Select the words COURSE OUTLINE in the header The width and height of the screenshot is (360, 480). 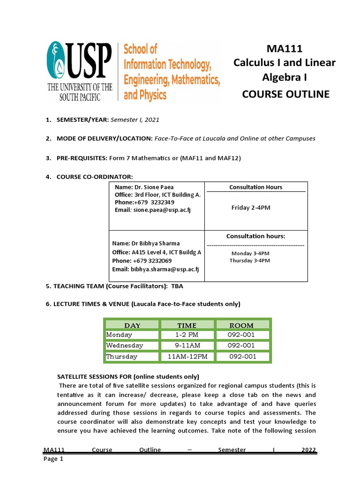coord(285,94)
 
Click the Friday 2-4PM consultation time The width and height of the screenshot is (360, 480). coord(251,208)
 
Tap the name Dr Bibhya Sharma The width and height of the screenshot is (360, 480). coord(146,243)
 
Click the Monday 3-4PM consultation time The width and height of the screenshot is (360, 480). coord(250,253)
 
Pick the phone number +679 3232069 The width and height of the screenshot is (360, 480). coord(152,261)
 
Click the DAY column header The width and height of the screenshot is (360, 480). coord(132,325)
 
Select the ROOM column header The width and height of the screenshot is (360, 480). coord(241,325)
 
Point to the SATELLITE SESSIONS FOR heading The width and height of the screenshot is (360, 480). coord(127,376)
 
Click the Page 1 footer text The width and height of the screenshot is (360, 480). coord(53,459)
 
